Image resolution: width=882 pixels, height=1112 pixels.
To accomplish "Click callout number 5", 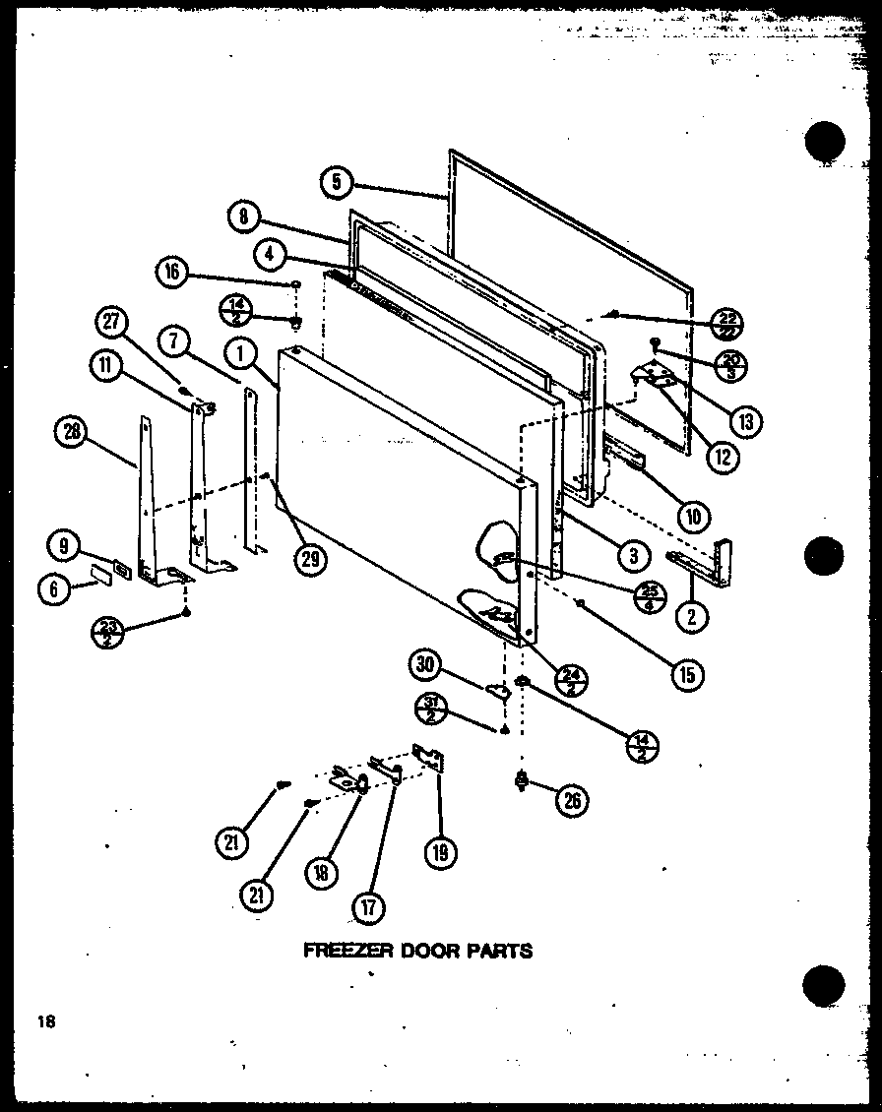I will [x=336, y=182].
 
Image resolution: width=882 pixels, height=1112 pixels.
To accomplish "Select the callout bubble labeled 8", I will [x=243, y=217].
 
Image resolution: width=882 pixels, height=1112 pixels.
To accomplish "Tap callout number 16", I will [x=173, y=273].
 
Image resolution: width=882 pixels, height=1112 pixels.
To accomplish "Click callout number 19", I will [x=439, y=852].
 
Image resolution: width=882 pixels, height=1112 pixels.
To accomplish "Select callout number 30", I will [x=424, y=664].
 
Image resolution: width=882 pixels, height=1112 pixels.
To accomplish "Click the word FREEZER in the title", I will [x=341, y=951].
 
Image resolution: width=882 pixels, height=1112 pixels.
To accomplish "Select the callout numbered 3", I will [x=631, y=555].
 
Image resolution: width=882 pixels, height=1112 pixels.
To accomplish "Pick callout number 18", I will [x=321, y=871].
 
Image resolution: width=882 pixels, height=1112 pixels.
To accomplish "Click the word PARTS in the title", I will [x=499, y=951].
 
